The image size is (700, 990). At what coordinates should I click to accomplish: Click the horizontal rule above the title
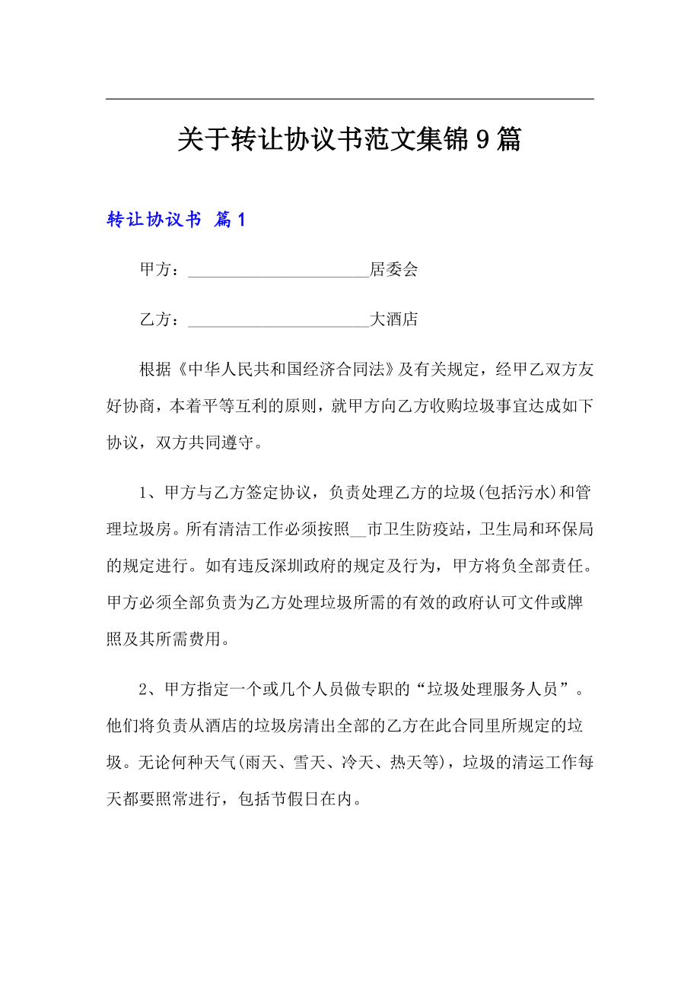(349, 99)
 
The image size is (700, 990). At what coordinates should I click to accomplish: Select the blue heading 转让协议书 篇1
(176, 220)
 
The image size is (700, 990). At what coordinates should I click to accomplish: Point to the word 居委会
(394, 270)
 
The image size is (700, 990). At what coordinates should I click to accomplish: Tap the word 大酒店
(394, 320)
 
